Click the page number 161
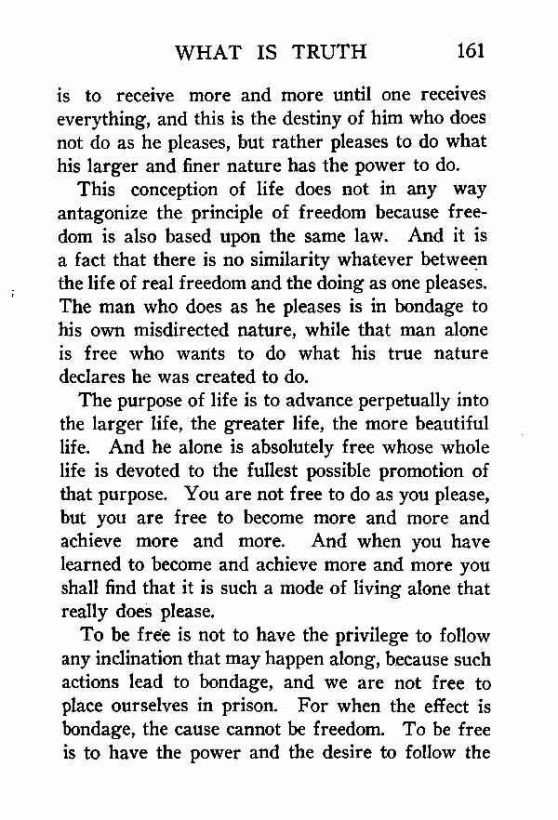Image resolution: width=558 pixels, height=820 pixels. click(x=471, y=51)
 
